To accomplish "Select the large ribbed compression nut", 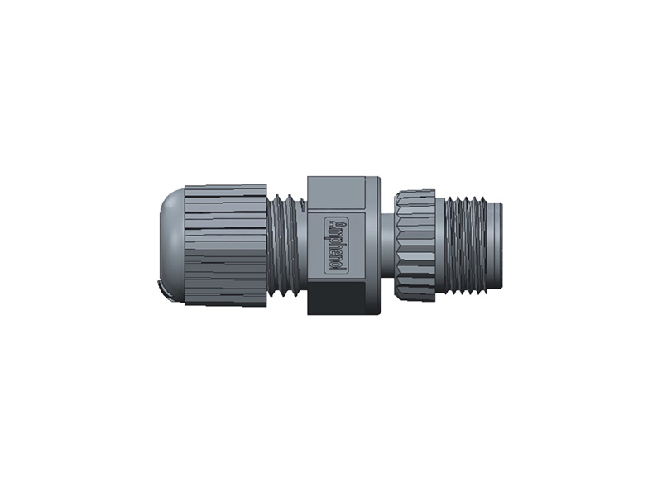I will click(x=225, y=245).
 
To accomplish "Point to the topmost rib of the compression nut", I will click(x=225, y=189).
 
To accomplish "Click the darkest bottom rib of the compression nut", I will click(x=225, y=299).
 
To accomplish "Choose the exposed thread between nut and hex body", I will click(x=286, y=245).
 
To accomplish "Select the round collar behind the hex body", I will click(x=375, y=245).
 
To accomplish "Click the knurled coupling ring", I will click(x=414, y=245).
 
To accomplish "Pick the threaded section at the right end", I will click(x=468, y=245).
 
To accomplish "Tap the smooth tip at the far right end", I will click(x=496, y=245).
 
